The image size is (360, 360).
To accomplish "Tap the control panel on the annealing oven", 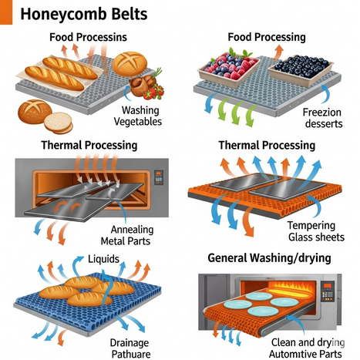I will (158, 178).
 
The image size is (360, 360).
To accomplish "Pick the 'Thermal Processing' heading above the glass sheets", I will (266, 145).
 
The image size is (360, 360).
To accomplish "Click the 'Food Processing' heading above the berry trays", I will (267, 37).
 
